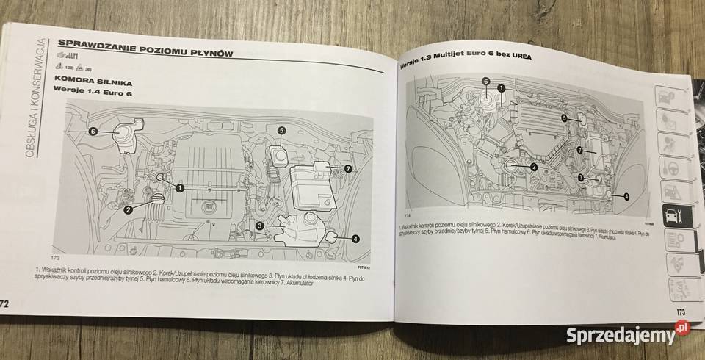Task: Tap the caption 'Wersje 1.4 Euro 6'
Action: point(92,89)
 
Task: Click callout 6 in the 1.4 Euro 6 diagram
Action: point(93,132)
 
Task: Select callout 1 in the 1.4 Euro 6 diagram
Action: point(180,189)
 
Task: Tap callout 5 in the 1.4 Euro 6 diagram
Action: point(281,131)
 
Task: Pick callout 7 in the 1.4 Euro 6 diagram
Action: point(348,169)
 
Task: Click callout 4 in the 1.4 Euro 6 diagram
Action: point(355,238)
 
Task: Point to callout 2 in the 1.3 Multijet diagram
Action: point(534,167)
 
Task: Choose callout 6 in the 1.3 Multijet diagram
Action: point(485,82)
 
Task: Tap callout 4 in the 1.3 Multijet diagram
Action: point(626,196)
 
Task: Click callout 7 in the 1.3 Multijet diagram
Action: point(579,150)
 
